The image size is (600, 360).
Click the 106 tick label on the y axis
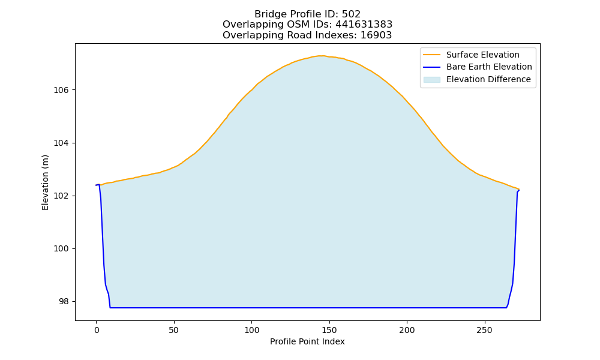pyautogui.click(x=61, y=90)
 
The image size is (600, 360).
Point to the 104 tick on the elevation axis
pyautogui.click(x=61, y=143)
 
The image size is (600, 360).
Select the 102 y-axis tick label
pyautogui.click(x=61, y=196)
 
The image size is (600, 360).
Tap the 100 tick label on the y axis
pyautogui.click(x=61, y=248)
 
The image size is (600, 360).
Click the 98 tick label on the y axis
pyautogui.click(x=64, y=301)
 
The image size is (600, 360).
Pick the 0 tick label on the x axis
pyautogui.click(x=97, y=330)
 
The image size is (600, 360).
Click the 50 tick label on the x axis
pyautogui.click(x=174, y=330)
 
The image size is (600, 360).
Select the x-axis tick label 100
pyautogui.click(x=251, y=330)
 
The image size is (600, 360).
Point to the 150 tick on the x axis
pyautogui.click(x=329, y=330)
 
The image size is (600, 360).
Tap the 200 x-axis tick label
pyautogui.click(x=407, y=330)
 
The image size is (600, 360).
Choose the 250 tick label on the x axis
pyautogui.click(x=484, y=330)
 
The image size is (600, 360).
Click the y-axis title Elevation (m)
pyautogui.click(x=45, y=182)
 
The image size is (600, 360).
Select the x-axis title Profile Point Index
pyautogui.click(x=307, y=341)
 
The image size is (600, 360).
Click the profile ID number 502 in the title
pyautogui.click(x=351, y=14)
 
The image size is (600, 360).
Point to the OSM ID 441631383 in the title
pyautogui.click(x=364, y=25)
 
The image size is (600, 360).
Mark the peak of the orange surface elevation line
pyautogui.click(x=322, y=56)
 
